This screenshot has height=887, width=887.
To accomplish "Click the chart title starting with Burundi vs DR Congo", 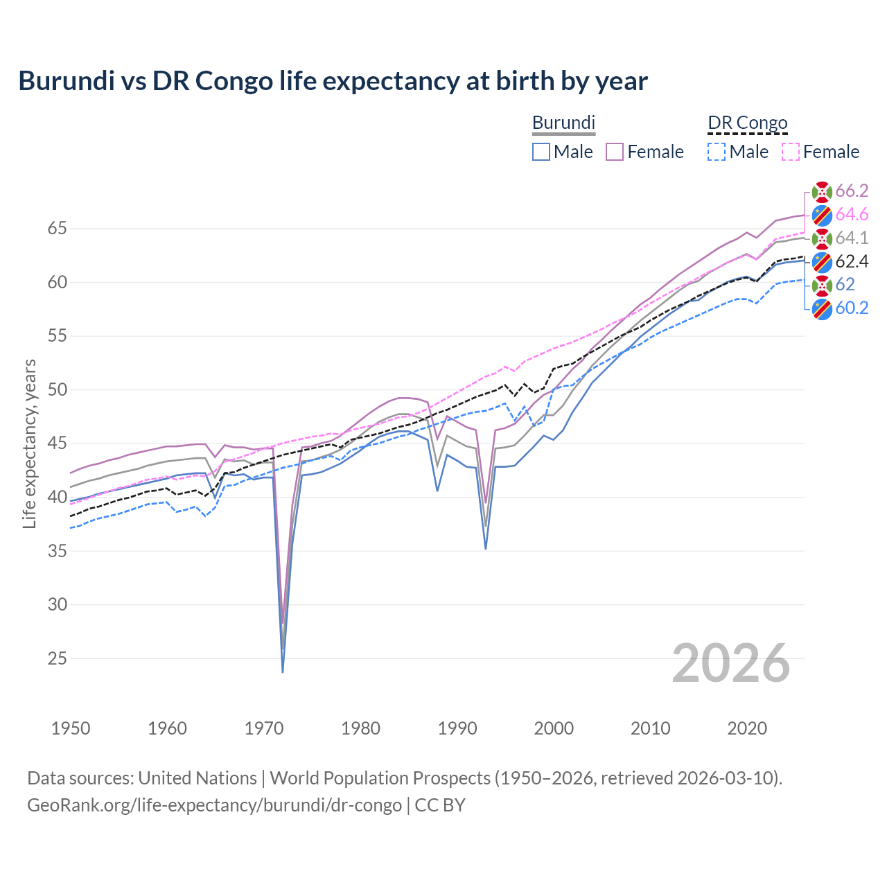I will point(333,81).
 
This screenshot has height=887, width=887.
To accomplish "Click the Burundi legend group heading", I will point(563,123).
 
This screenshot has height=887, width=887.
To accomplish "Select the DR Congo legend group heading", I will point(748,123).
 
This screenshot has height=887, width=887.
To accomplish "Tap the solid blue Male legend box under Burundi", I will point(541,152).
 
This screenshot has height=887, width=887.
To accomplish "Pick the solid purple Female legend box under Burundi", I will point(615,152).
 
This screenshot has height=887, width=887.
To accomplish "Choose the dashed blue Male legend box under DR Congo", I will point(717,152).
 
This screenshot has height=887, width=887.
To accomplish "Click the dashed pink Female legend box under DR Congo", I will point(791,152).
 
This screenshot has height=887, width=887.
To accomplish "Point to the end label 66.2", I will point(852,191).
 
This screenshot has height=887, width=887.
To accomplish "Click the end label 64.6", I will point(852,214).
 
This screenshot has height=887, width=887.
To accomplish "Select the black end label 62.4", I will point(852,261).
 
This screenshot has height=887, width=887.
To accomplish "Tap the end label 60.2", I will point(852,308).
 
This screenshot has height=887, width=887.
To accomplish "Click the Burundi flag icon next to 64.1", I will point(822,238).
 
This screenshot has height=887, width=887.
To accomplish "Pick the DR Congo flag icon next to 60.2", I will point(822,309).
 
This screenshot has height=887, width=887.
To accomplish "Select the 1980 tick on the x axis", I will point(360,728).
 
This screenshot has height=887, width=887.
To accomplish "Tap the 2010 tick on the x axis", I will point(650,728).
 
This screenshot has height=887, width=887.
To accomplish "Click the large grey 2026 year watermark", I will point(731,664).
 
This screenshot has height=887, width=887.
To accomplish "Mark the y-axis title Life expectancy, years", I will point(29,443).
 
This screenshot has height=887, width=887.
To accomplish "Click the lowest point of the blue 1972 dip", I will point(283,671).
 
